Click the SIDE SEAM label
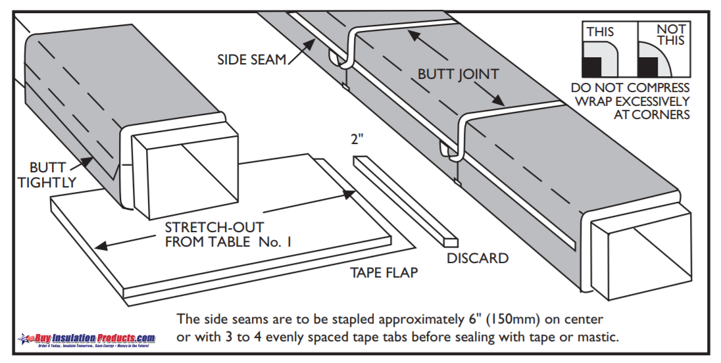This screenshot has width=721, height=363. (x=252, y=60)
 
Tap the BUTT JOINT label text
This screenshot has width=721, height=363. (x=458, y=74)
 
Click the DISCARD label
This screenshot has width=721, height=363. (x=478, y=258)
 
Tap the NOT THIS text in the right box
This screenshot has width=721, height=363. (x=671, y=34)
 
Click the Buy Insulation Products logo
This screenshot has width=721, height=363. (x=87, y=339)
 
